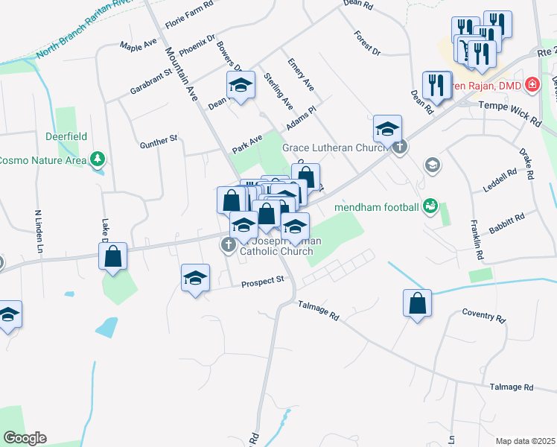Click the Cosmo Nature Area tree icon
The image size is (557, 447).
click(97, 159)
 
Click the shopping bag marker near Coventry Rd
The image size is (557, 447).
click(417, 303)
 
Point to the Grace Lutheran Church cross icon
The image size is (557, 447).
click(400, 147)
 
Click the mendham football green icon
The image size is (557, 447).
click(430, 205)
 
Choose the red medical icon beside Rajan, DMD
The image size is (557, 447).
click(531, 85)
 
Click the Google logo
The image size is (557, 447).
click(25, 438)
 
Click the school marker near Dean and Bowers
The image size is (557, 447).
click(241, 87)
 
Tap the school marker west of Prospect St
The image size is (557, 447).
click(196, 279)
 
